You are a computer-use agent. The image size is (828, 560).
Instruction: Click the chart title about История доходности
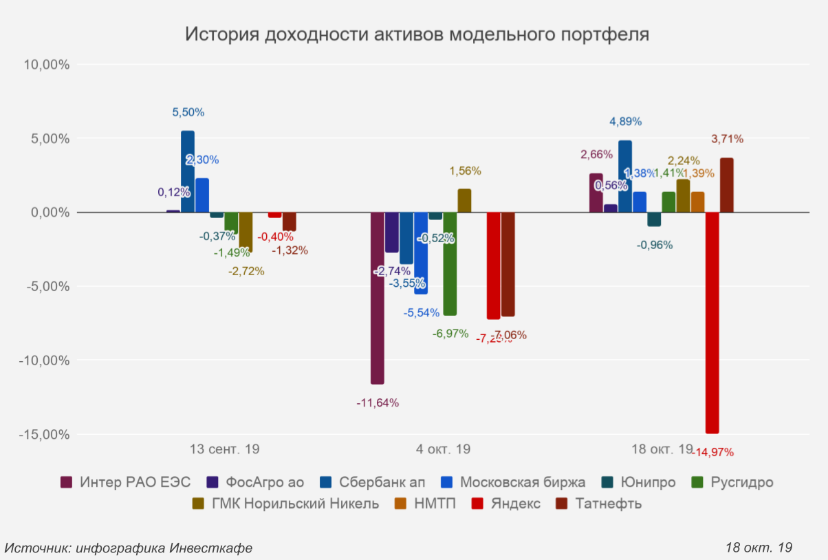417,34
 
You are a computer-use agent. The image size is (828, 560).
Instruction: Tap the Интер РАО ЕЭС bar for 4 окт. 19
377,298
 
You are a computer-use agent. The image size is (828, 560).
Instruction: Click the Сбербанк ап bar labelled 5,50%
188,171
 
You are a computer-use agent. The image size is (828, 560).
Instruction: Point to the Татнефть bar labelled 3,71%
726,185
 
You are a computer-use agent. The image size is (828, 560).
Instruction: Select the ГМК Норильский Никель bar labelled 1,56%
464,200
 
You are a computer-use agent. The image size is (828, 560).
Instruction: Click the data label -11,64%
378,402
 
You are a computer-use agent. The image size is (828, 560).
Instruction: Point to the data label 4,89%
626,122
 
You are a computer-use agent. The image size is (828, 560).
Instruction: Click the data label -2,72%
246,271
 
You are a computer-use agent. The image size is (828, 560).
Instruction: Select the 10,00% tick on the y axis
47,65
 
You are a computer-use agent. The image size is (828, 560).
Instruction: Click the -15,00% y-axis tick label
45,435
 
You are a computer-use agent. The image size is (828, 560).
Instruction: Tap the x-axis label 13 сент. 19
224,450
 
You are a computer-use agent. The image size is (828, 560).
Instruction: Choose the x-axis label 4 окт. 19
443,450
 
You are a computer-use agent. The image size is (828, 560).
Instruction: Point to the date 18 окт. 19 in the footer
759,548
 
